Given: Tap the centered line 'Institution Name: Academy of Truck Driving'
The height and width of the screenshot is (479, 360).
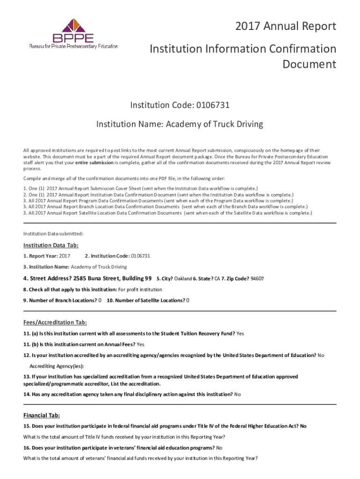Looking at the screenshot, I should pos(180,124).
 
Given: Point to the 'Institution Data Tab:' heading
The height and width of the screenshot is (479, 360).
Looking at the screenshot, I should pos(51,246).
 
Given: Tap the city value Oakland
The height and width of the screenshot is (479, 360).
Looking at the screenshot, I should pos(183,279).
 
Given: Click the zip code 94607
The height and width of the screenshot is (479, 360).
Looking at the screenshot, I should pos(257,279).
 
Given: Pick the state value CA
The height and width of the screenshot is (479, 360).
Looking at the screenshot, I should pos(217,279).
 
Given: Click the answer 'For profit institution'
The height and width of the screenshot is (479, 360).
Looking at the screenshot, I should pos(140,290).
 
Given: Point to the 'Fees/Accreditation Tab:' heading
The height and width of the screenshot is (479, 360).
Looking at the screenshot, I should pos(55,322).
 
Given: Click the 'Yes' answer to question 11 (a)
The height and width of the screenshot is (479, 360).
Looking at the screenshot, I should pos(240,334).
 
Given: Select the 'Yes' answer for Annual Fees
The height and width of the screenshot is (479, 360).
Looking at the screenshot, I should pos(141,344).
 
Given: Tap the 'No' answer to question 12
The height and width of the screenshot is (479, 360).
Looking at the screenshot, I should pos(321,355).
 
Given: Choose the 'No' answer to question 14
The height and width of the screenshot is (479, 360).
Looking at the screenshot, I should pos(238,394).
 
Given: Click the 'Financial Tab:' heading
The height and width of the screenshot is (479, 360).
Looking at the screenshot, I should pos(42,415).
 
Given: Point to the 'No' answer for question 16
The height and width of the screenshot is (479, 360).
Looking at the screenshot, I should pos(219,448).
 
